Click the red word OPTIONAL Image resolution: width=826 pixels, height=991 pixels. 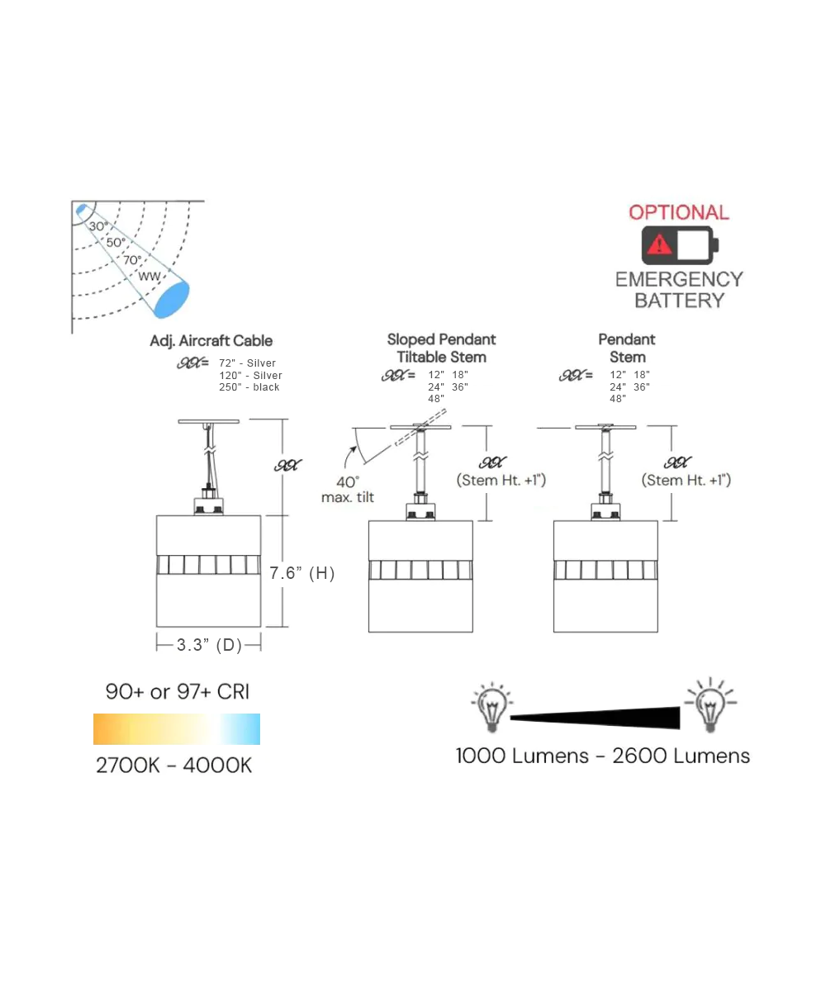[x=679, y=212]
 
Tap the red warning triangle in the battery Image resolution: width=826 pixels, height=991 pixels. [x=659, y=244]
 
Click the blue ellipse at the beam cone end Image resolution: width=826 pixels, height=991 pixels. [x=172, y=299]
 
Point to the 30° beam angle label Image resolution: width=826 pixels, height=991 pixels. [x=98, y=225]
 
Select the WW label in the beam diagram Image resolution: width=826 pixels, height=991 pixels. [x=149, y=276]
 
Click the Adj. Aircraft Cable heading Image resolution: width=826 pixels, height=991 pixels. [x=211, y=341]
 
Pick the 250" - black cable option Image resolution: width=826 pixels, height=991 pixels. [x=249, y=387]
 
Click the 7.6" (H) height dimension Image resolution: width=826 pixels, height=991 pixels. [x=302, y=573]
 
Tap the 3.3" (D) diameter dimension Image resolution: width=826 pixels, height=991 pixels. [x=209, y=645]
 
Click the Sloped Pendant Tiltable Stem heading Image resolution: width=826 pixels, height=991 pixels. [x=442, y=348]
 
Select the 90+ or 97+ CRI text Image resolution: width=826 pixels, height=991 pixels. [x=177, y=692]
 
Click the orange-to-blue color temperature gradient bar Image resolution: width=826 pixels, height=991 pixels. [x=177, y=729]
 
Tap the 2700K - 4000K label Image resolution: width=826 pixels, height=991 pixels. [x=173, y=766]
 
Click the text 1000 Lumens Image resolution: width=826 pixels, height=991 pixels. [x=524, y=756]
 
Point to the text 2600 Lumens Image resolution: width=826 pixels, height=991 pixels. [x=681, y=756]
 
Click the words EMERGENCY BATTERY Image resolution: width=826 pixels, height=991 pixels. [x=679, y=290]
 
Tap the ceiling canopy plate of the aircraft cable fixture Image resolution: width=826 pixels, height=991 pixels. [x=209, y=421]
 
